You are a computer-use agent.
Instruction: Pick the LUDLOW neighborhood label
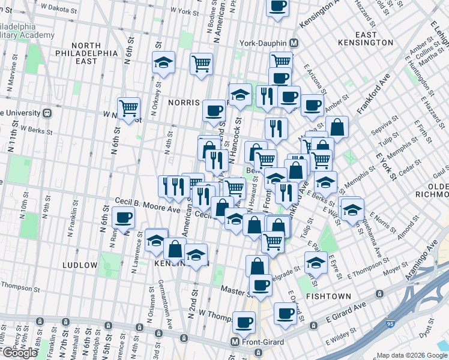pos(79,265)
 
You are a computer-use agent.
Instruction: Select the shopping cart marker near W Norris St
pos(128,109)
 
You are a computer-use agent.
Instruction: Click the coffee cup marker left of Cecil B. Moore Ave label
pos(124,218)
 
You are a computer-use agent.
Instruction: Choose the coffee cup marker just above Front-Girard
pos(244,323)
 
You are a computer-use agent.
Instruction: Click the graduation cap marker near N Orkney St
pos(163,63)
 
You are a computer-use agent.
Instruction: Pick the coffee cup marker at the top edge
pos(277,6)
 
